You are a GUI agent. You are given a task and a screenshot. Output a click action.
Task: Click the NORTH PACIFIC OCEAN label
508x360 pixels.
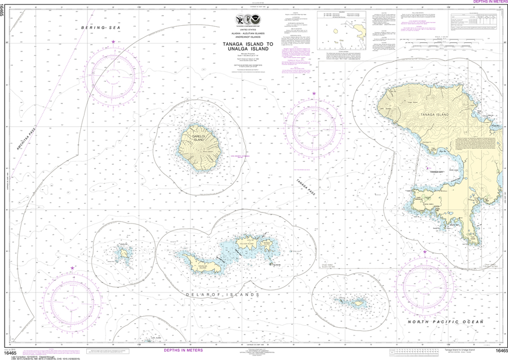(445, 322)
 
